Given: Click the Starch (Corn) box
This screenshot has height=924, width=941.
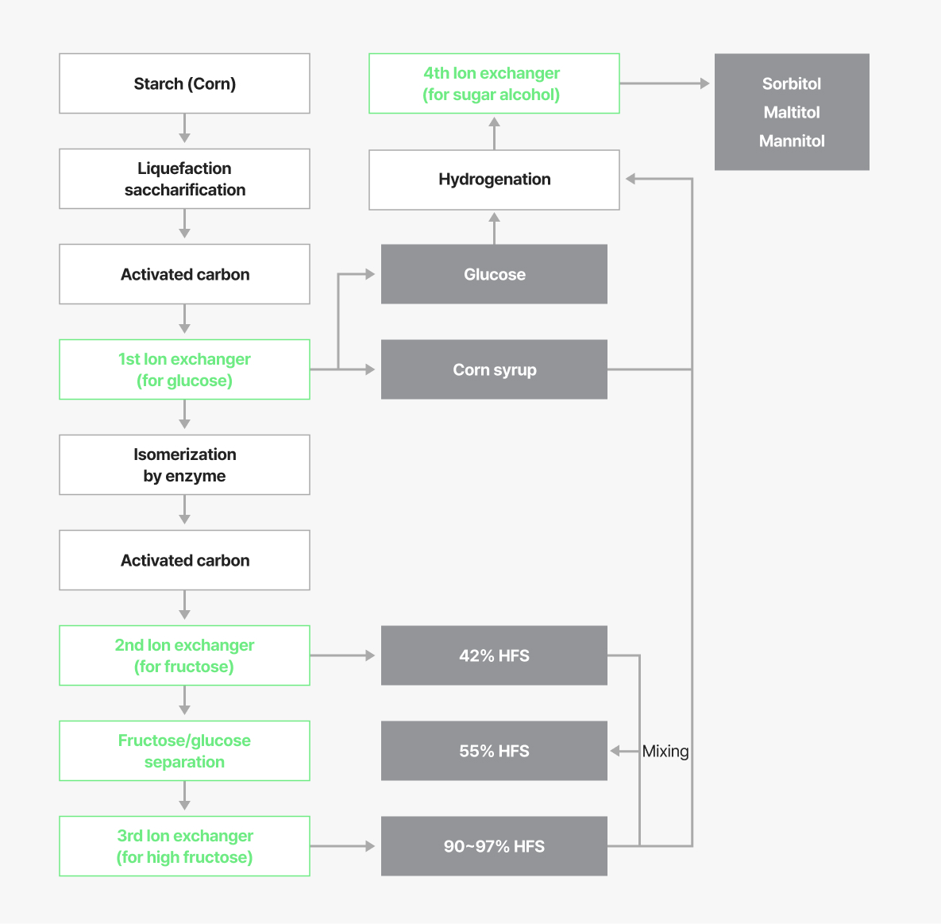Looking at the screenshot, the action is (x=184, y=83).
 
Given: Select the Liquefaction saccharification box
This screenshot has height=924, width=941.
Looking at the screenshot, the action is (x=184, y=179).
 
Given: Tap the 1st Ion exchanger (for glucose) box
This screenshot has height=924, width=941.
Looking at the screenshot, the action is (x=184, y=369).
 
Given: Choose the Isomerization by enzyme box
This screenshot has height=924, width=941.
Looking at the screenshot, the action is (x=184, y=465).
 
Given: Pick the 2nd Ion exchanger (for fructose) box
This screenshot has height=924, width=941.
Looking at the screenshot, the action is (x=184, y=655).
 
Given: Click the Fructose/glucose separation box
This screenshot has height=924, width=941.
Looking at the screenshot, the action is (x=184, y=751).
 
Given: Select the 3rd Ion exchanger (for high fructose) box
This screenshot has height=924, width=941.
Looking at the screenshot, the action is (x=184, y=846).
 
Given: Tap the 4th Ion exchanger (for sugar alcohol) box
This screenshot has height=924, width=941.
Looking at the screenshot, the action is (x=494, y=83).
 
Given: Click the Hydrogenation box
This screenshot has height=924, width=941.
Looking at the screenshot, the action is (x=494, y=180).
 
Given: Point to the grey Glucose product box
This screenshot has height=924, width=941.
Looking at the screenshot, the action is (x=494, y=274).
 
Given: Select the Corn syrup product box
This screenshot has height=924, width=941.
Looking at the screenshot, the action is (x=494, y=369).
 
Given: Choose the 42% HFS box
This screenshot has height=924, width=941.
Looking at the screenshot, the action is (x=494, y=655).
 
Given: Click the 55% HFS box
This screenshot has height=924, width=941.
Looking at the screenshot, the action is (x=494, y=751).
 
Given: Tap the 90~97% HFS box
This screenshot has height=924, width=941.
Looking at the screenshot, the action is (x=494, y=846).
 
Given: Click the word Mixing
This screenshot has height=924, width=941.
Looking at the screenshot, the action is (x=665, y=751).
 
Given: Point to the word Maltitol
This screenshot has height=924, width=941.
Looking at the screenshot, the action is (x=792, y=112).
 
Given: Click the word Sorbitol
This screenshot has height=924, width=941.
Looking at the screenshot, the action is (x=792, y=83).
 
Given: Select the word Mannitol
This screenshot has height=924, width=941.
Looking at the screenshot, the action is (x=792, y=141).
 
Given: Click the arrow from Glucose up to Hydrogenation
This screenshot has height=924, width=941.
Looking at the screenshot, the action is (x=494, y=228).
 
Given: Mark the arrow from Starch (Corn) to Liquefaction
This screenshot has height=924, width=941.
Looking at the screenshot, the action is (x=184, y=128).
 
